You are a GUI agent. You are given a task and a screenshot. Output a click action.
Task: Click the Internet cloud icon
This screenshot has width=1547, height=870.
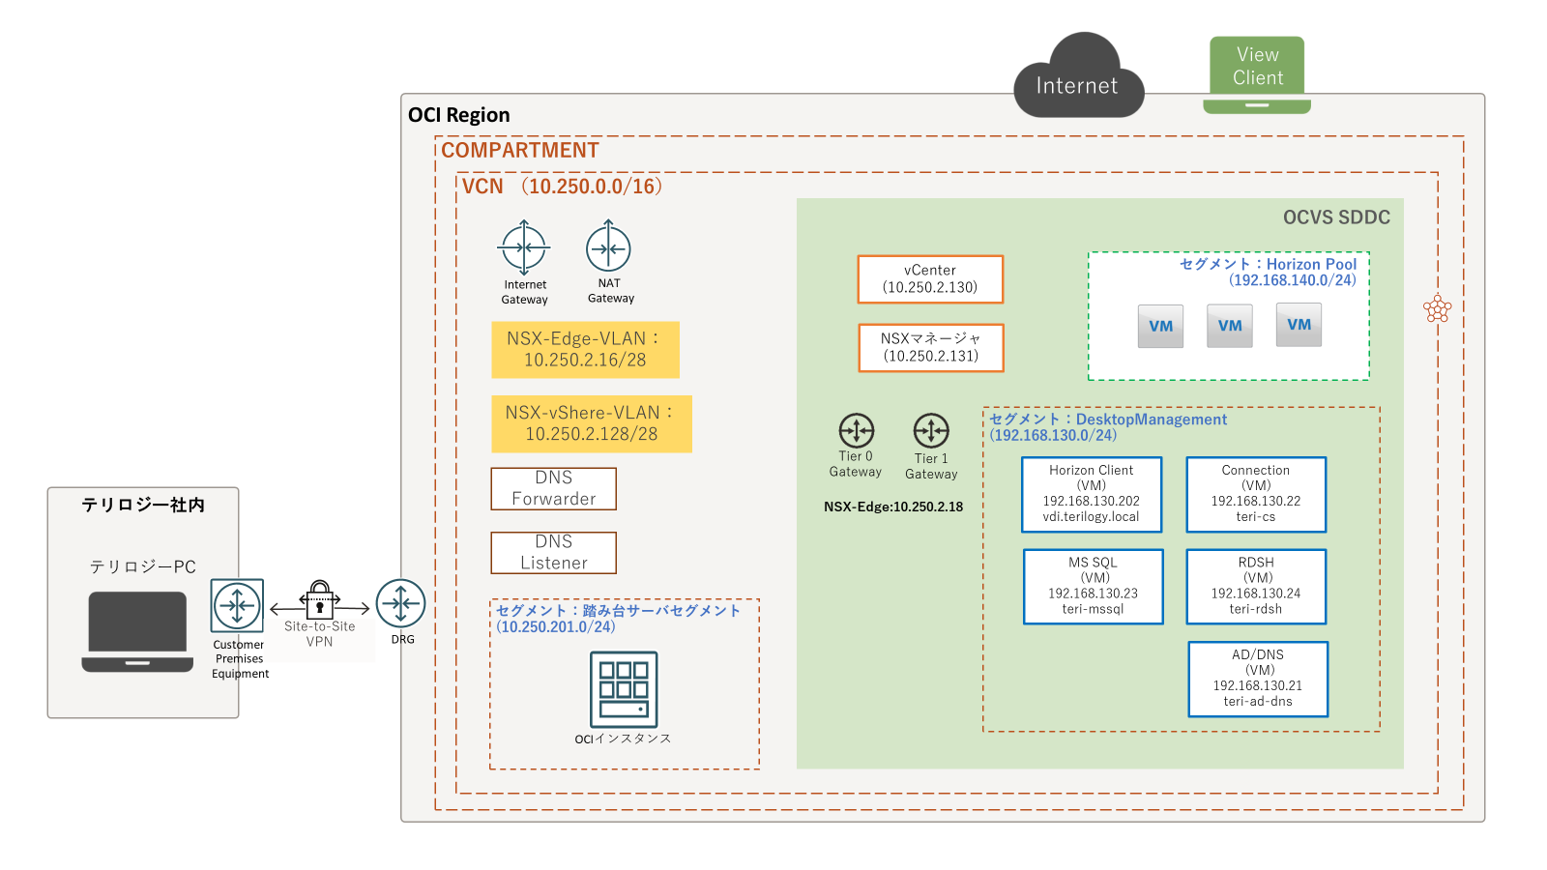[1078, 77]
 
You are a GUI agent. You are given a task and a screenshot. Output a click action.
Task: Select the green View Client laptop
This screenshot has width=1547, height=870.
[1257, 74]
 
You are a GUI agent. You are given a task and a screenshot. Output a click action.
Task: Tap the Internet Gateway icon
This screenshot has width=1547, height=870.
[524, 247]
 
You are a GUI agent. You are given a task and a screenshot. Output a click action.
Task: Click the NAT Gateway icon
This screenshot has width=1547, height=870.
[608, 247]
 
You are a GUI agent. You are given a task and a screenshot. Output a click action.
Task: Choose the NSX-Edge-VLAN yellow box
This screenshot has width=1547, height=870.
[585, 349]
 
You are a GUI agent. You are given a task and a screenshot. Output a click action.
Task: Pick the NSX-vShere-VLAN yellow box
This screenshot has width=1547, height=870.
[591, 423]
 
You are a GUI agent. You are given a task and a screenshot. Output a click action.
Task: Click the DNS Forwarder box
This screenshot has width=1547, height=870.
[553, 488]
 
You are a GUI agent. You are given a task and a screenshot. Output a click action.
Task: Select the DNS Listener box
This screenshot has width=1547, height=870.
[553, 552]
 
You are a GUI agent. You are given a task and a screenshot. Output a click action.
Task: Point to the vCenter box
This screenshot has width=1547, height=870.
[930, 278]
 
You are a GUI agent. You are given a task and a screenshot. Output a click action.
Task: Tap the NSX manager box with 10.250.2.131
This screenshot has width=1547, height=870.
[930, 347]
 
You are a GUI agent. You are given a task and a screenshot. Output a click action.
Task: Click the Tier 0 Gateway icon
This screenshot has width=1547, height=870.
[856, 430]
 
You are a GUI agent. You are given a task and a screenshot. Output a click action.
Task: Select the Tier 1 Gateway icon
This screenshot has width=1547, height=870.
[931, 430]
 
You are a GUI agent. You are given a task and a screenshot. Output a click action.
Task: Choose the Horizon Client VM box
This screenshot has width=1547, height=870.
[1091, 494]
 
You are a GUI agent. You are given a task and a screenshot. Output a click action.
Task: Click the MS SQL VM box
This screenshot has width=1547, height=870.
[1093, 586]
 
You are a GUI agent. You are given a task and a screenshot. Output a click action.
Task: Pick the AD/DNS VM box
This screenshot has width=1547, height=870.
[1257, 679]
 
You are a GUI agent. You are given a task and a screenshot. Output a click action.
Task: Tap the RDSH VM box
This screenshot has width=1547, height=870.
[1256, 586]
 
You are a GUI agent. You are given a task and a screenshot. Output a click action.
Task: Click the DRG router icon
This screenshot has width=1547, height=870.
[400, 604]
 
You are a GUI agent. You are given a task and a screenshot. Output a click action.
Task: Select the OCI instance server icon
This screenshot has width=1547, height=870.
[624, 688]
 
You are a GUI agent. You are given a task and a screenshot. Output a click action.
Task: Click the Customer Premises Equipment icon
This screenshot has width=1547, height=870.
[237, 606]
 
